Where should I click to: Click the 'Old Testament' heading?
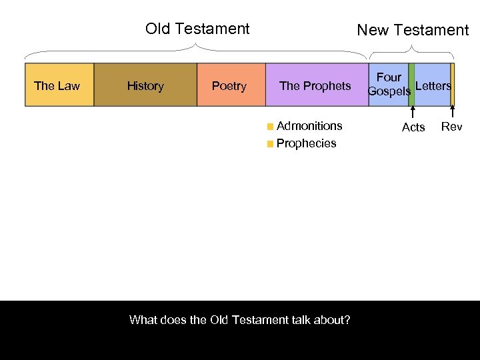point(197,29)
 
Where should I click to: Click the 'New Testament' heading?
point(413,30)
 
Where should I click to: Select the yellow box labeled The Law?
point(59,85)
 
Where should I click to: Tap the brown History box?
point(145,85)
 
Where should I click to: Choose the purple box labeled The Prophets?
point(316,85)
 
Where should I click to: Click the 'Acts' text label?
point(413,127)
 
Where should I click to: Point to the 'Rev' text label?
point(451,127)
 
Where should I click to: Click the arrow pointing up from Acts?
point(412,113)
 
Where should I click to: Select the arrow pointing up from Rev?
point(453,113)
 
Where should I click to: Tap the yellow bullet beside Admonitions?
point(269,126)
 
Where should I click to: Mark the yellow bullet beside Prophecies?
point(269,143)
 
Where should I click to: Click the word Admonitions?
point(309,125)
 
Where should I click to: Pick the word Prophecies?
point(306,143)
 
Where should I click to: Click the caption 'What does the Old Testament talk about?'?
point(240,319)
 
